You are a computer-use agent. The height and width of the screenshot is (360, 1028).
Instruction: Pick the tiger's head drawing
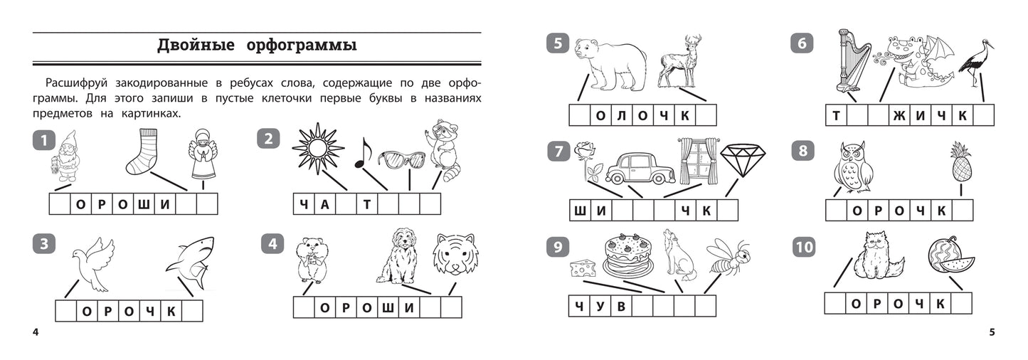[x=455, y=254]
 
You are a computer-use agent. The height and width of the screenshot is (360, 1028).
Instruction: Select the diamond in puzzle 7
[x=743, y=161]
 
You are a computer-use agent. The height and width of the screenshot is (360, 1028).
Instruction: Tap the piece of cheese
[x=583, y=268]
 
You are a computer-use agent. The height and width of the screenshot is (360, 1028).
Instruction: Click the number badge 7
[x=558, y=152]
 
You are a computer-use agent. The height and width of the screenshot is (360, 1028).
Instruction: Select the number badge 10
[x=804, y=247]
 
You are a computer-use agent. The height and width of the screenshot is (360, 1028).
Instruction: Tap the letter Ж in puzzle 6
[x=899, y=116]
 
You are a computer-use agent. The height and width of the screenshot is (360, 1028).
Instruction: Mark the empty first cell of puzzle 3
[x=66, y=311]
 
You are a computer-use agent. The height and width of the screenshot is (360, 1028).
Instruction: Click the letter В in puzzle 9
[x=621, y=306]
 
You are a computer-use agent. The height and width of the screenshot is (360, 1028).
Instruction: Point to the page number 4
[x=36, y=332]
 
